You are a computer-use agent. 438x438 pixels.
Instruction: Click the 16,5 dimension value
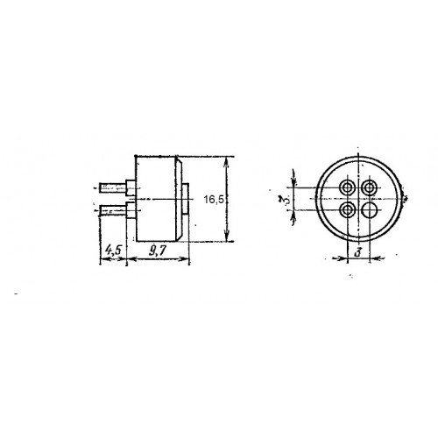pyautogui.click(x=214, y=200)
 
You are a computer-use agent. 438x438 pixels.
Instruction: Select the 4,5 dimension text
pyautogui.click(x=112, y=250)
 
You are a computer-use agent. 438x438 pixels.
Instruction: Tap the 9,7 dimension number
pyautogui.click(x=157, y=251)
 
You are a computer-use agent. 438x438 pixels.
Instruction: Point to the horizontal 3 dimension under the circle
pyautogui.click(x=358, y=251)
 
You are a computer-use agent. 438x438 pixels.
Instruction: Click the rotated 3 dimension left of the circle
pyautogui.click(x=284, y=200)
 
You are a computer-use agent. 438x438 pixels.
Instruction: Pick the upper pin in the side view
pyautogui.click(x=112, y=187)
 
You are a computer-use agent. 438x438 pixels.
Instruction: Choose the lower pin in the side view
pyautogui.click(x=113, y=210)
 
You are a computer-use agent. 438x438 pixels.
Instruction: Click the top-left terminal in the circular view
pyautogui.click(x=347, y=187)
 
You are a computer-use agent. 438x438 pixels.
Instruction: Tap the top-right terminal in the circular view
pyautogui.click(x=370, y=187)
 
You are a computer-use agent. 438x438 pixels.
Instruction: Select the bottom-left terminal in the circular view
pyautogui.click(x=347, y=210)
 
